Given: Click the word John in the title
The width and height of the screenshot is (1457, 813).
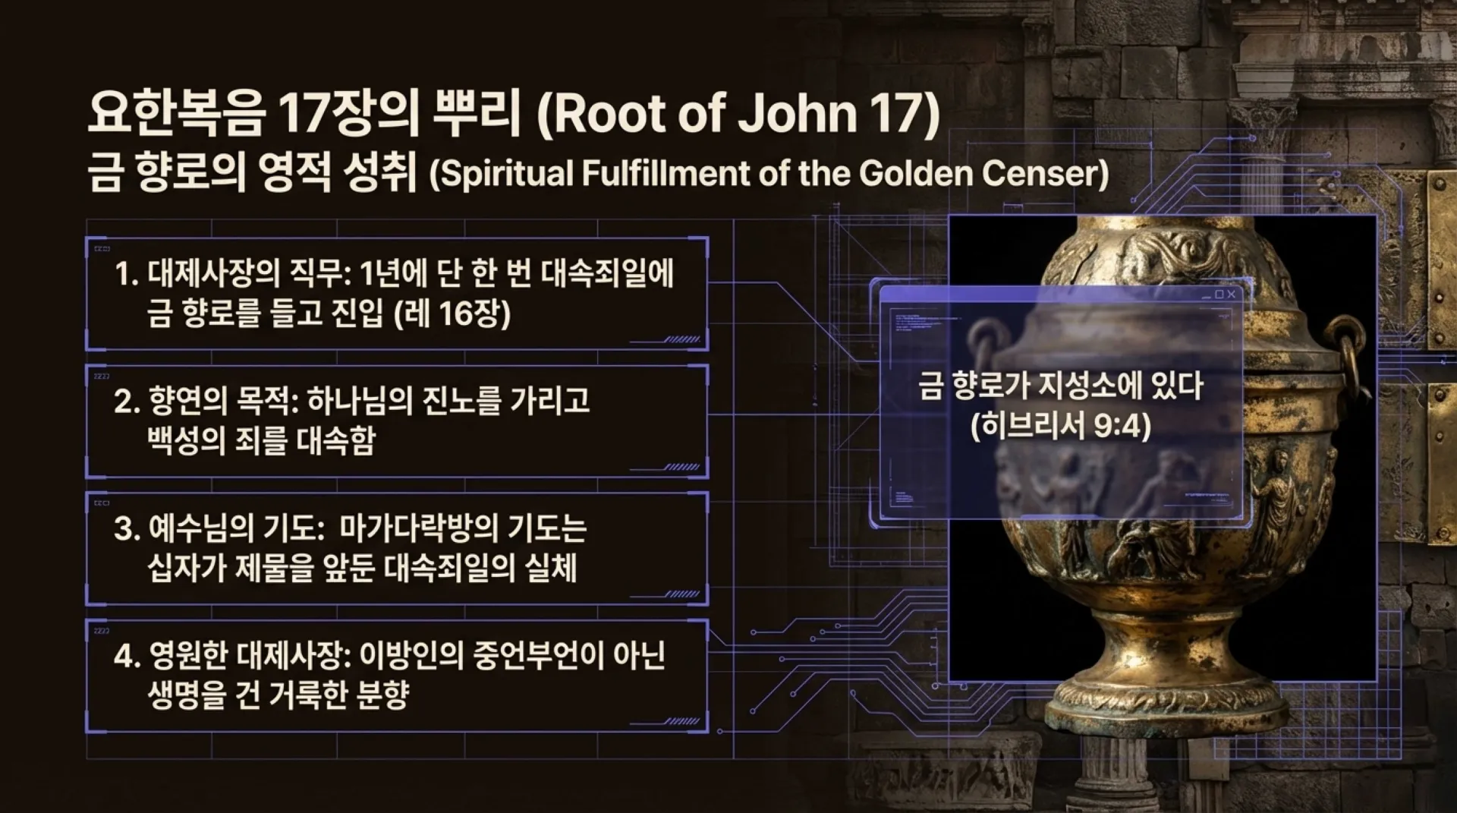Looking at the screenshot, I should [797, 114].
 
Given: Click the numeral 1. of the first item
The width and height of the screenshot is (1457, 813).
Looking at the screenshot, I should [126, 275].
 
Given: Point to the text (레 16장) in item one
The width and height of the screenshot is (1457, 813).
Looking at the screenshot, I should [453, 313].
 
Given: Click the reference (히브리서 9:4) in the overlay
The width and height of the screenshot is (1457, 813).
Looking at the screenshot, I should [1061, 426].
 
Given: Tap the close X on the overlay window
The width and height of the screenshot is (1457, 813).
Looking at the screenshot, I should [1231, 295].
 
